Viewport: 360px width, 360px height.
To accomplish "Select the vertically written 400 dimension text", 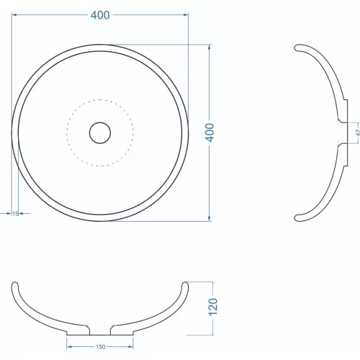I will point(210,132).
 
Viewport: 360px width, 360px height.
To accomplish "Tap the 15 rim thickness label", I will point(15,213).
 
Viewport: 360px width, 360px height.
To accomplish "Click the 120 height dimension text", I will point(212,307).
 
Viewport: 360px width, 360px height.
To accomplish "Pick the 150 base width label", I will point(100,347).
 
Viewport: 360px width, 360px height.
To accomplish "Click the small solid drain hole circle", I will point(100,132).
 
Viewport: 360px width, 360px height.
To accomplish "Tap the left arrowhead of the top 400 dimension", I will point(15,14).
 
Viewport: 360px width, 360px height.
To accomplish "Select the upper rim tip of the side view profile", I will point(298,48).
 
